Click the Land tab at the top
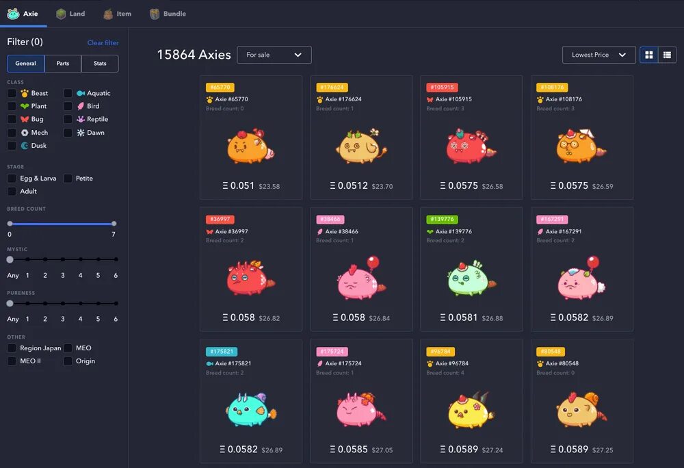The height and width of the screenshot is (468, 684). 70,14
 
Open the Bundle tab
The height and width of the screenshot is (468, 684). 168,14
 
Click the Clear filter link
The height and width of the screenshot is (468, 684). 103,43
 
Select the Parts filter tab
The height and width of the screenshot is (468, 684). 63,64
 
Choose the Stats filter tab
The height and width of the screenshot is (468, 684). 100,64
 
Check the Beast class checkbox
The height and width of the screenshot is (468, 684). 12,93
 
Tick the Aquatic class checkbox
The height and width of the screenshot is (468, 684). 68,93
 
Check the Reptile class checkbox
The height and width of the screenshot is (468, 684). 68,119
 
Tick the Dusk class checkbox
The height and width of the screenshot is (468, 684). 12,146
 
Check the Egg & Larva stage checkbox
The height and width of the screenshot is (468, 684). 12,179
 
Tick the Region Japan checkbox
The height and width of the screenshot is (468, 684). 12,348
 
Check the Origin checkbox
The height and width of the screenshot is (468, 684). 68,361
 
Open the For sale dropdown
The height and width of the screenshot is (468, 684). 274,55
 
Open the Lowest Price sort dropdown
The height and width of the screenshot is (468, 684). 598,55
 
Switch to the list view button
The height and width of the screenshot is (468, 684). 667,55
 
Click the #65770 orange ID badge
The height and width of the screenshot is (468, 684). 220,88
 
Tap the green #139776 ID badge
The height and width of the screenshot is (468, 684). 441,220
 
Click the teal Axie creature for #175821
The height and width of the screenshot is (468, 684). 249,409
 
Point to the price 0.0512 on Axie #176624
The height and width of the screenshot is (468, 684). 352,185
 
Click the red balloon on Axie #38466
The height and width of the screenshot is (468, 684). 373,261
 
